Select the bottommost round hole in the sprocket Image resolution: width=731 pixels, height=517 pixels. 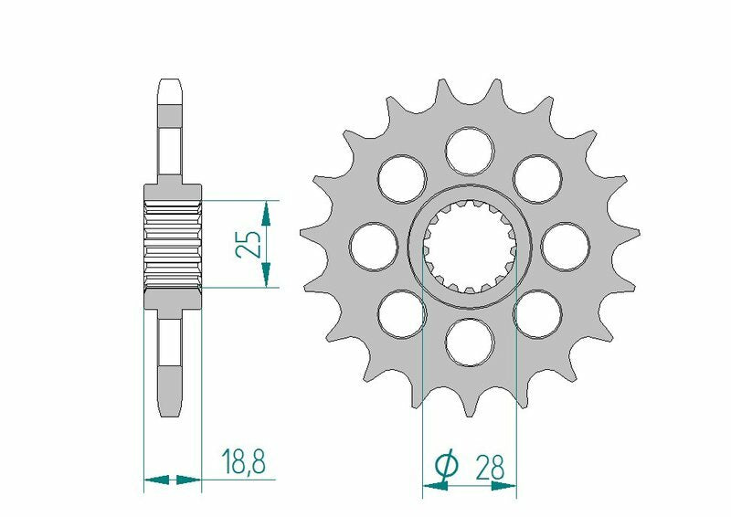click(470, 342)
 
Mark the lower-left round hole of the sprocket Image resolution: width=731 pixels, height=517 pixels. click(402, 313)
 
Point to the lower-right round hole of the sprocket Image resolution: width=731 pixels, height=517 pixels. click(537, 313)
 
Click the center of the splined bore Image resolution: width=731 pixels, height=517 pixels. click(470, 246)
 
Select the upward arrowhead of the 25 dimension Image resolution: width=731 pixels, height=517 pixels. click(266, 213)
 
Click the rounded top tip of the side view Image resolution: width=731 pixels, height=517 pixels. click(171, 86)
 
